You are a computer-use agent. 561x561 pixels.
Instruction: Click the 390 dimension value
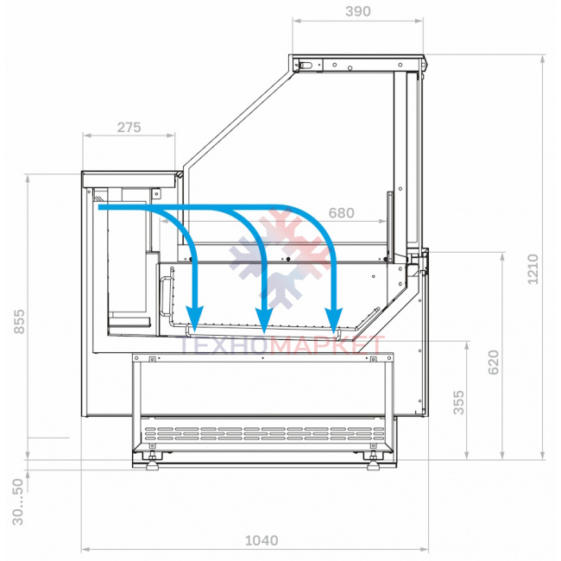pyautogui.click(x=358, y=11)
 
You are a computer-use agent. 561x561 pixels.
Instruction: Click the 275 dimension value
pyautogui.click(x=129, y=127)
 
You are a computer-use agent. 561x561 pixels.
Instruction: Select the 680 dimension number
pyautogui.click(x=341, y=213)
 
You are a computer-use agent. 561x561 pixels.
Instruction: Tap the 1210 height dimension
pyautogui.click(x=533, y=269)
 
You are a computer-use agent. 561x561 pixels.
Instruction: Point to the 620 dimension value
pyautogui.click(x=494, y=362)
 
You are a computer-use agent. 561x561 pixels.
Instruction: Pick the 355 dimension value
pyautogui.click(x=458, y=402)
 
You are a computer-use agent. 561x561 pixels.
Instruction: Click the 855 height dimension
pyautogui.click(x=19, y=322)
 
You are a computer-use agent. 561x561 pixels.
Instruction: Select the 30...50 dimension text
pyautogui.click(x=17, y=501)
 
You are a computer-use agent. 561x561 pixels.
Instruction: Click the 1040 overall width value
pyautogui.click(x=262, y=540)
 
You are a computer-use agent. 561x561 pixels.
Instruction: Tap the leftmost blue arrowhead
pyautogui.click(x=194, y=318)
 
